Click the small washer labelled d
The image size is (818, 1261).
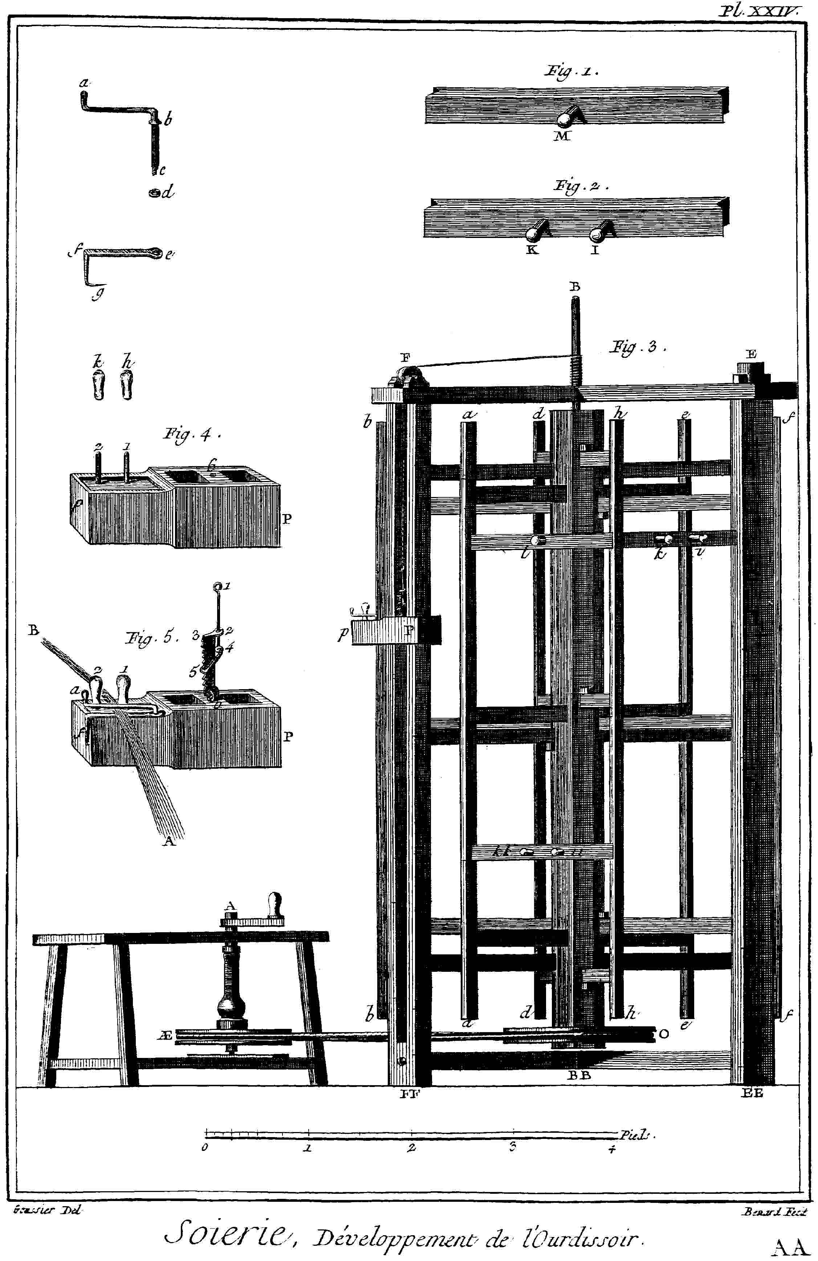click(x=155, y=193)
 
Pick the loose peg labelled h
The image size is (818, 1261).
click(x=126, y=385)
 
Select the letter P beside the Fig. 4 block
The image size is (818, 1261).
click(x=286, y=519)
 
